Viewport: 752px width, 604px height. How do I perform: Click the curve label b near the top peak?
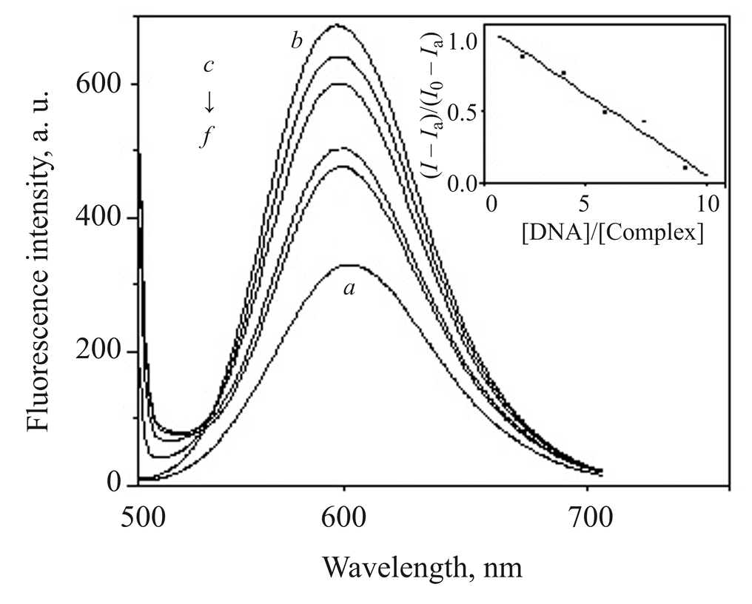(x=296, y=41)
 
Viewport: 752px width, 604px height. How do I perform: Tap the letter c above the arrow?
(x=209, y=66)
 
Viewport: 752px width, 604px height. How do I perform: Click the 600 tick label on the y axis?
(x=101, y=84)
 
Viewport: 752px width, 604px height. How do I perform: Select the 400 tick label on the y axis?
(x=101, y=218)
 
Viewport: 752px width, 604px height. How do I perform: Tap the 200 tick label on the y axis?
(x=101, y=352)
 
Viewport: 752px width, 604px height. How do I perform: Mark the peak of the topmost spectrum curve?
(x=338, y=25)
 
